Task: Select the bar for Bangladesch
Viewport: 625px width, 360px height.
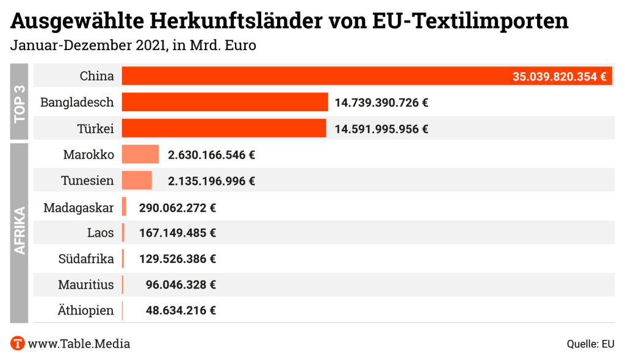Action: (225, 103)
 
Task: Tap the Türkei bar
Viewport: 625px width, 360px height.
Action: (224, 129)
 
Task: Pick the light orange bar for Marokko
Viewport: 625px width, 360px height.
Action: (140, 155)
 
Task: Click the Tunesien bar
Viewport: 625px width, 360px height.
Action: (137, 181)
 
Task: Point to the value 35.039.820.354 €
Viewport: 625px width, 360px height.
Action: (559, 77)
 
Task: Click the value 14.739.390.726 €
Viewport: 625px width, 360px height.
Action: (381, 103)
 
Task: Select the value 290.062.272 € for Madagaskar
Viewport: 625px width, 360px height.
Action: (178, 207)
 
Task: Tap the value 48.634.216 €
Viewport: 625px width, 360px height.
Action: (181, 311)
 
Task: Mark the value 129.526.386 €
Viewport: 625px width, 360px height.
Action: (178, 259)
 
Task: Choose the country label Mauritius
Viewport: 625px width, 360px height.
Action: (86, 284)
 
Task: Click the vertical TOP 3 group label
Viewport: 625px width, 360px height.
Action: (20, 102)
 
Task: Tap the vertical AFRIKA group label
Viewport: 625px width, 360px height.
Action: (20, 232)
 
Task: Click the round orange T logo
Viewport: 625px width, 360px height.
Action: (18, 344)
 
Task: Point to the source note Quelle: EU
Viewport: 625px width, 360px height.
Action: (590, 344)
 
